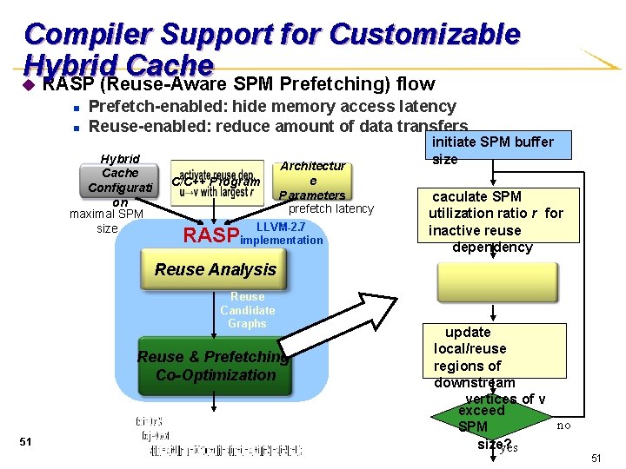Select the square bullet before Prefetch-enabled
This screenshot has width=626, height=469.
pyautogui.click(x=77, y=108)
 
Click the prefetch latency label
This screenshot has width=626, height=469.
pyautogui.click(x=330, y=208)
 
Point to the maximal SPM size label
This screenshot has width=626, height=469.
pyautogui.click(x=107, y=221)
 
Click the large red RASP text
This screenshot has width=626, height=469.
pyautogui.click(x=210, y=235)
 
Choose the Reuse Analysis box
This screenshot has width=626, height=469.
pyautogui.click(x=215, y=269)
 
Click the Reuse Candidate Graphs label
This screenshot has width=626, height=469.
pyautogui.click(x=247, y=310)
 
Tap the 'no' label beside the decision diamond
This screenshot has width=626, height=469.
pyautogui.click(x=563, y=426)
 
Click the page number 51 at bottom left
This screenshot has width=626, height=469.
pyautogui.click(x=25, y=442)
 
